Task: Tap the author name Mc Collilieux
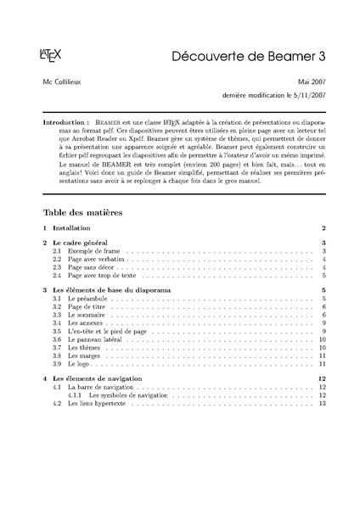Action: (x=66, y=81)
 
